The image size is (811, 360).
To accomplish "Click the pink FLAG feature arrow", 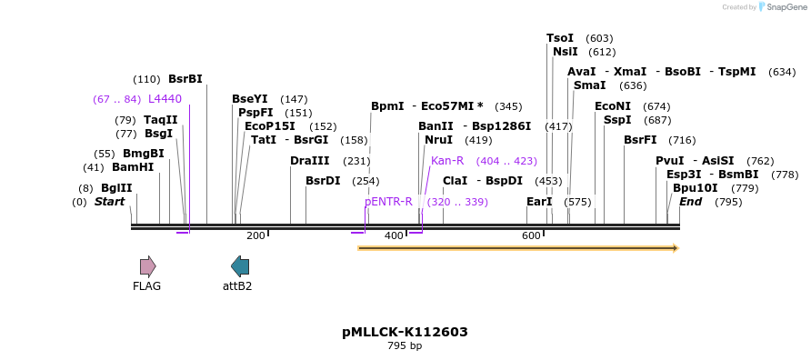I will pyautogui.click(x=147, y=265).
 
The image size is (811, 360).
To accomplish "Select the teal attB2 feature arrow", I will pyautogui.click(x=240, y=265).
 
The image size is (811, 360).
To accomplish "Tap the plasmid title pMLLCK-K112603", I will pyautogui.click(x=405, y=332).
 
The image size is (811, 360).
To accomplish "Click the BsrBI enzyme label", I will pyautogui.click(x=185, y=79).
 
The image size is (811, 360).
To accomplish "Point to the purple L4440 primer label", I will pyautogui.click(x=165, y=99).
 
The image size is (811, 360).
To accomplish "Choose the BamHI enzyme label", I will pyautogui.click(x=133, y=167).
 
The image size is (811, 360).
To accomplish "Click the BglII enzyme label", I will pyautogui.click(x=116, y=187).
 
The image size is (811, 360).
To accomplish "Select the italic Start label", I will pyautogui.click(x=109, y=201).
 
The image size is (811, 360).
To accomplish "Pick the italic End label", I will pyautogui.click(x=690, y=201).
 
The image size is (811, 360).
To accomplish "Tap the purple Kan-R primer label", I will pyautogui.click(x=447, y=160).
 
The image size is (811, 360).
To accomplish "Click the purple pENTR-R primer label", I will pyautogui.click(x=388, y=201).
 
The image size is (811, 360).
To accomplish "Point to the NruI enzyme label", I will pyautogui.click(x=438, y=140).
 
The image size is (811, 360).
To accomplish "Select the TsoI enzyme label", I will pyautogui.click(x=560, y=38).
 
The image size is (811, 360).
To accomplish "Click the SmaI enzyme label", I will pyautogui.click(x=589, y=85).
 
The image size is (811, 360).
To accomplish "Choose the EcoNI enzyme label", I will pyautogui.click(x=612, y=106).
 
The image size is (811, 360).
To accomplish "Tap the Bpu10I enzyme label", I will pyautogui.click(x=695, y=188).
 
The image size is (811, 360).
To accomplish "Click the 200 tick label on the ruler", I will pyautogui.click(x=255, y=236).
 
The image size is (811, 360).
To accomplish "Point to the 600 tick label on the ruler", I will pyautogui.click(x=531, y=236).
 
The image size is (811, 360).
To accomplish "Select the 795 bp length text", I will pyautogui.click(x=405, y=346).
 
